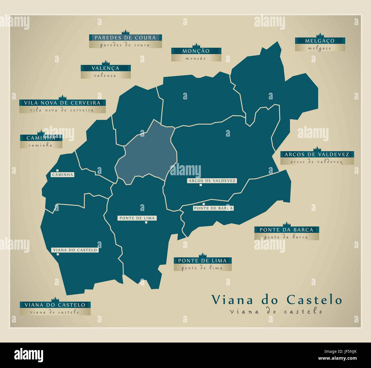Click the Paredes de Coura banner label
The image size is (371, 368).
(125, 37)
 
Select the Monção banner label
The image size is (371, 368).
(196, 51)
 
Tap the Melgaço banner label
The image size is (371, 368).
(320, 41)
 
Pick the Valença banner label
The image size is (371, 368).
(106, 68)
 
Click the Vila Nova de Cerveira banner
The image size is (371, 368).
(62, 103)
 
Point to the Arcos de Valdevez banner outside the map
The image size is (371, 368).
(317, 154)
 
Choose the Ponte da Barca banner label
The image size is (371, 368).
(286, 230)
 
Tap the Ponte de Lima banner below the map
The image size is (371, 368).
(202, 260)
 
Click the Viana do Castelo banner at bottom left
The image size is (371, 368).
(55, 305)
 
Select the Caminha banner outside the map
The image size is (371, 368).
(41, 138)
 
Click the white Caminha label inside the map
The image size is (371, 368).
(62, 174)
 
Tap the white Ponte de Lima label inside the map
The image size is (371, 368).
(137, 218)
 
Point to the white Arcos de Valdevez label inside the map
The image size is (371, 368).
(212, 181)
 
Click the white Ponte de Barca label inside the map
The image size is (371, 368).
(213, 208)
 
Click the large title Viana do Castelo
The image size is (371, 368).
(276, 300)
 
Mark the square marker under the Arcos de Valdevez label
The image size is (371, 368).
(201, 185)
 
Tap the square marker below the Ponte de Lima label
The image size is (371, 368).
(146, 222)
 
